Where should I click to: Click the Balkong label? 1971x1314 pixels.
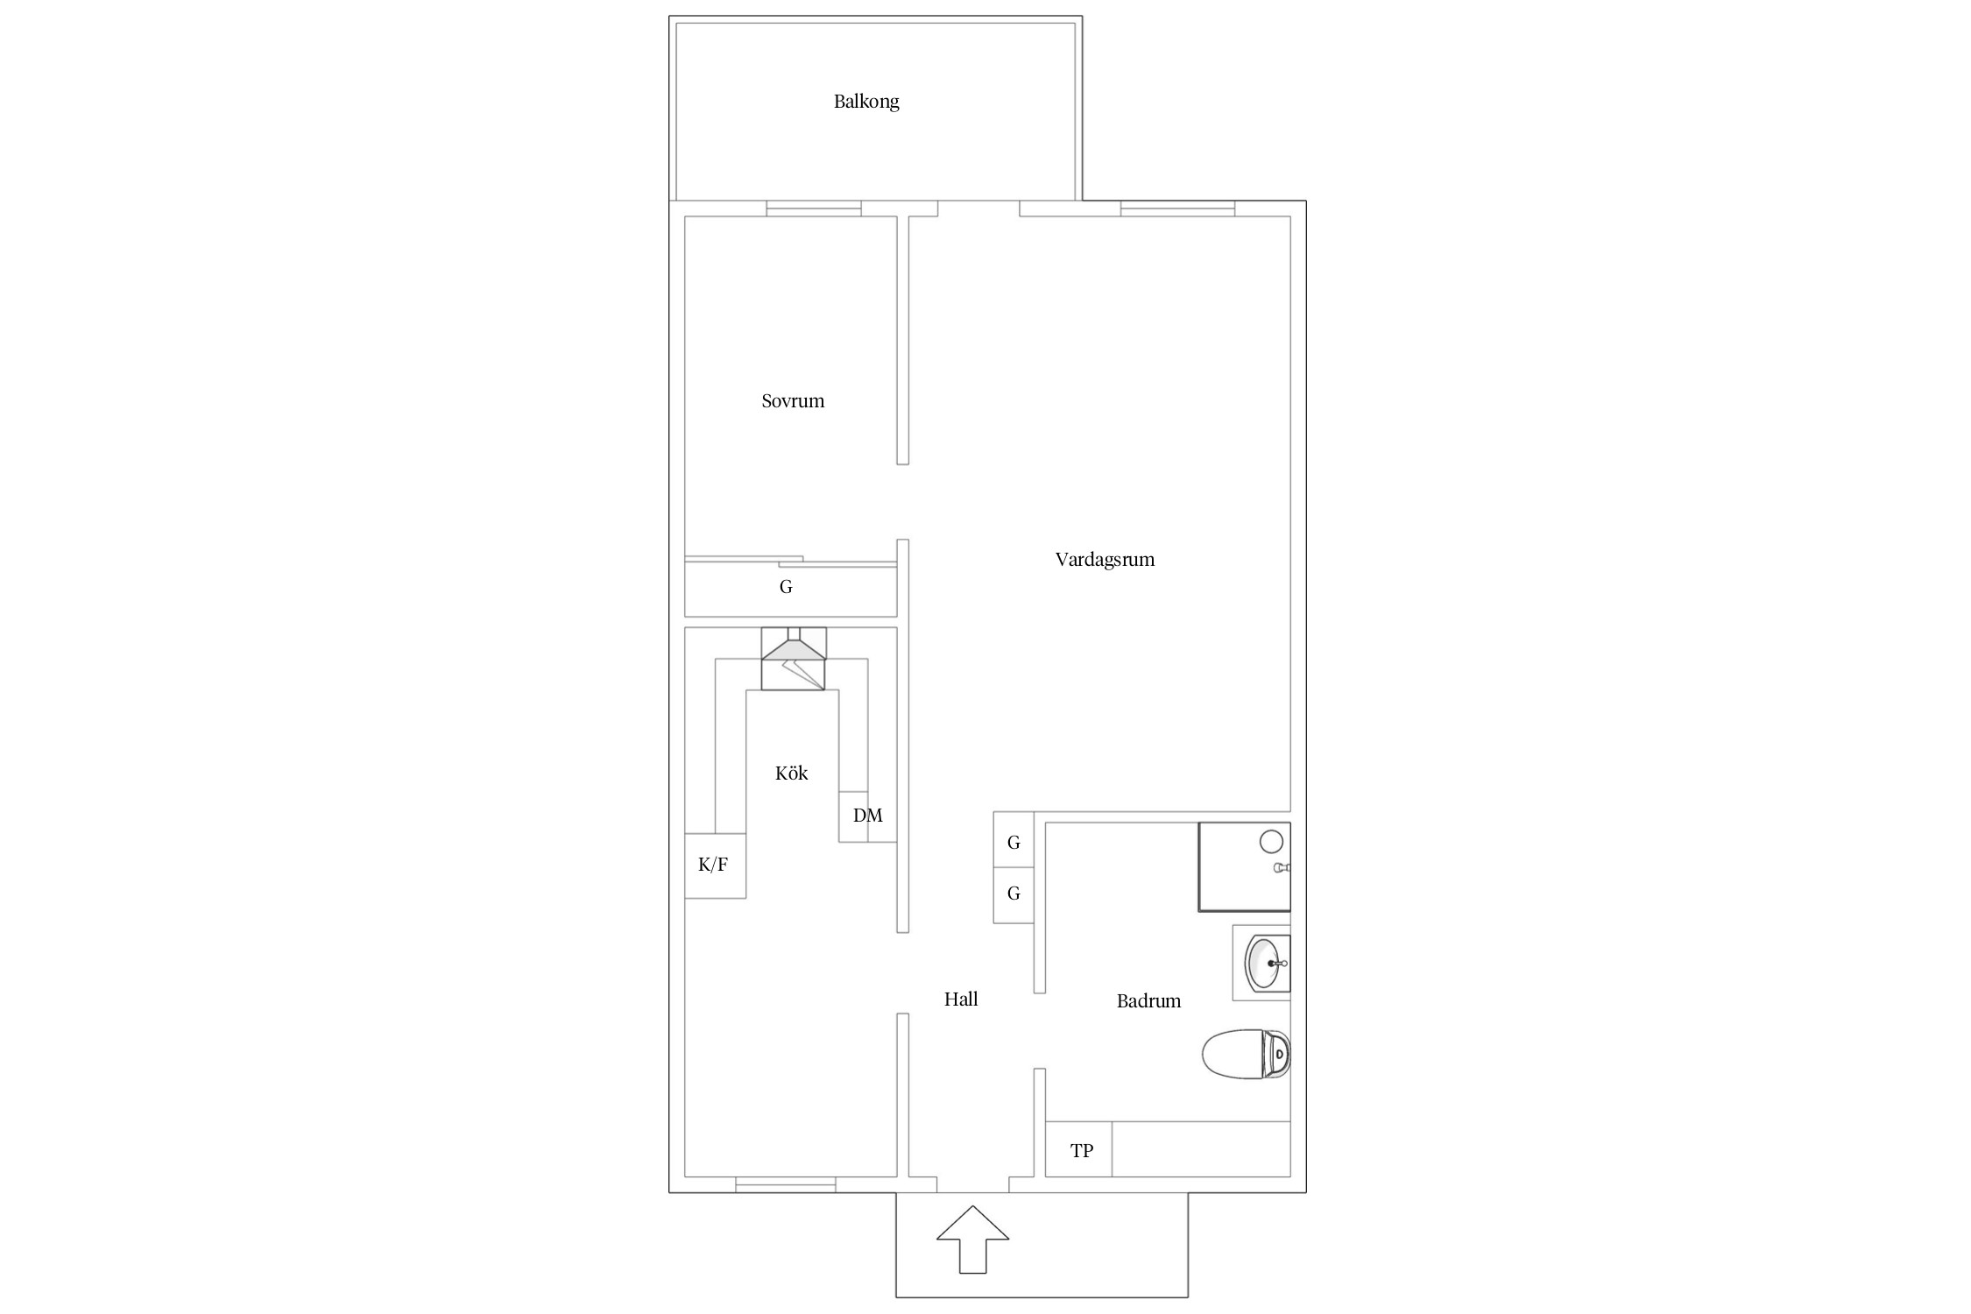tap(866, 102)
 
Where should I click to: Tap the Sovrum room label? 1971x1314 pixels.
tap(793, 401)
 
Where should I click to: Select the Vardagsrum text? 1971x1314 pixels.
tap(1105, 560)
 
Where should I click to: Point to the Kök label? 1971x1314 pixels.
tap(791, 773)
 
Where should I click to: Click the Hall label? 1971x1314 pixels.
tap(961, 999)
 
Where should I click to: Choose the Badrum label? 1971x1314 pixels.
tap(1148, 1000)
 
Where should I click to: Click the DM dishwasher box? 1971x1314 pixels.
tap(867, 816)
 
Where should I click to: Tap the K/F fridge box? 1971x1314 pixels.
tap(715, 865)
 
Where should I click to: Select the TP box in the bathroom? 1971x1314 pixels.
tap(1079, 1149)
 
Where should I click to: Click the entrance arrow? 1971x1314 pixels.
tap(972, 1239)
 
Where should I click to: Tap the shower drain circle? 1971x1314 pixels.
tap(1271, 843)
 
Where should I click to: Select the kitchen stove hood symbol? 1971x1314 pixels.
tap(794, 659)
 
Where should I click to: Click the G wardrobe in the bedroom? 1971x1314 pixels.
tap(790, 587)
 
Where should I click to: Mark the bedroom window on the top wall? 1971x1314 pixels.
tap(814, 208)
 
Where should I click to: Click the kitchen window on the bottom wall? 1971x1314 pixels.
tap(786, 1184)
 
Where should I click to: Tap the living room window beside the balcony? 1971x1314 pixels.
tap(1178, 208)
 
